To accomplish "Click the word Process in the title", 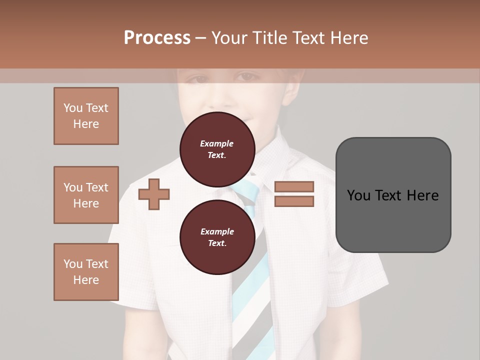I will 157,38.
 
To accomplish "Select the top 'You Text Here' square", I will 86,116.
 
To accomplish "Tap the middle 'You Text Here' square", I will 86,195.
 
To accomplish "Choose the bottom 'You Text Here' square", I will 86,272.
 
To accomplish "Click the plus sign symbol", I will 154,194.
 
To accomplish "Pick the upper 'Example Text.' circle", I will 217,149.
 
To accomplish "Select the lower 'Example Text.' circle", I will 217,237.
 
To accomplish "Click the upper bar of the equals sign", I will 294,186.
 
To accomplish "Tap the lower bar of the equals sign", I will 294,201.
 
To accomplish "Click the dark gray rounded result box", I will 393,195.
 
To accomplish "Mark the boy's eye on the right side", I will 248,77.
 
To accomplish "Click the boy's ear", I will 295,90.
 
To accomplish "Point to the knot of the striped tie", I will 246,192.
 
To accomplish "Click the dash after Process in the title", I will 201,38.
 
